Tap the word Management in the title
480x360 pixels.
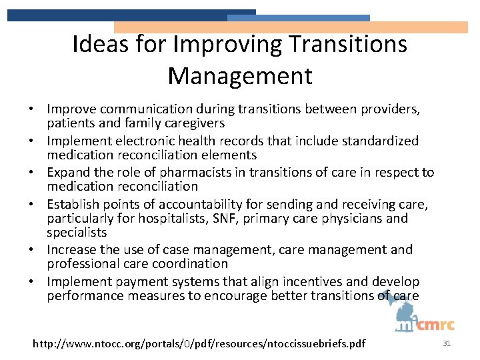tap(240, 75)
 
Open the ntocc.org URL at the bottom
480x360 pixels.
tap(199, 344)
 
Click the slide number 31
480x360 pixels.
tap(447, 343)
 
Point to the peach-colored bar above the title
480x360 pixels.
tap(291, 27)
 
